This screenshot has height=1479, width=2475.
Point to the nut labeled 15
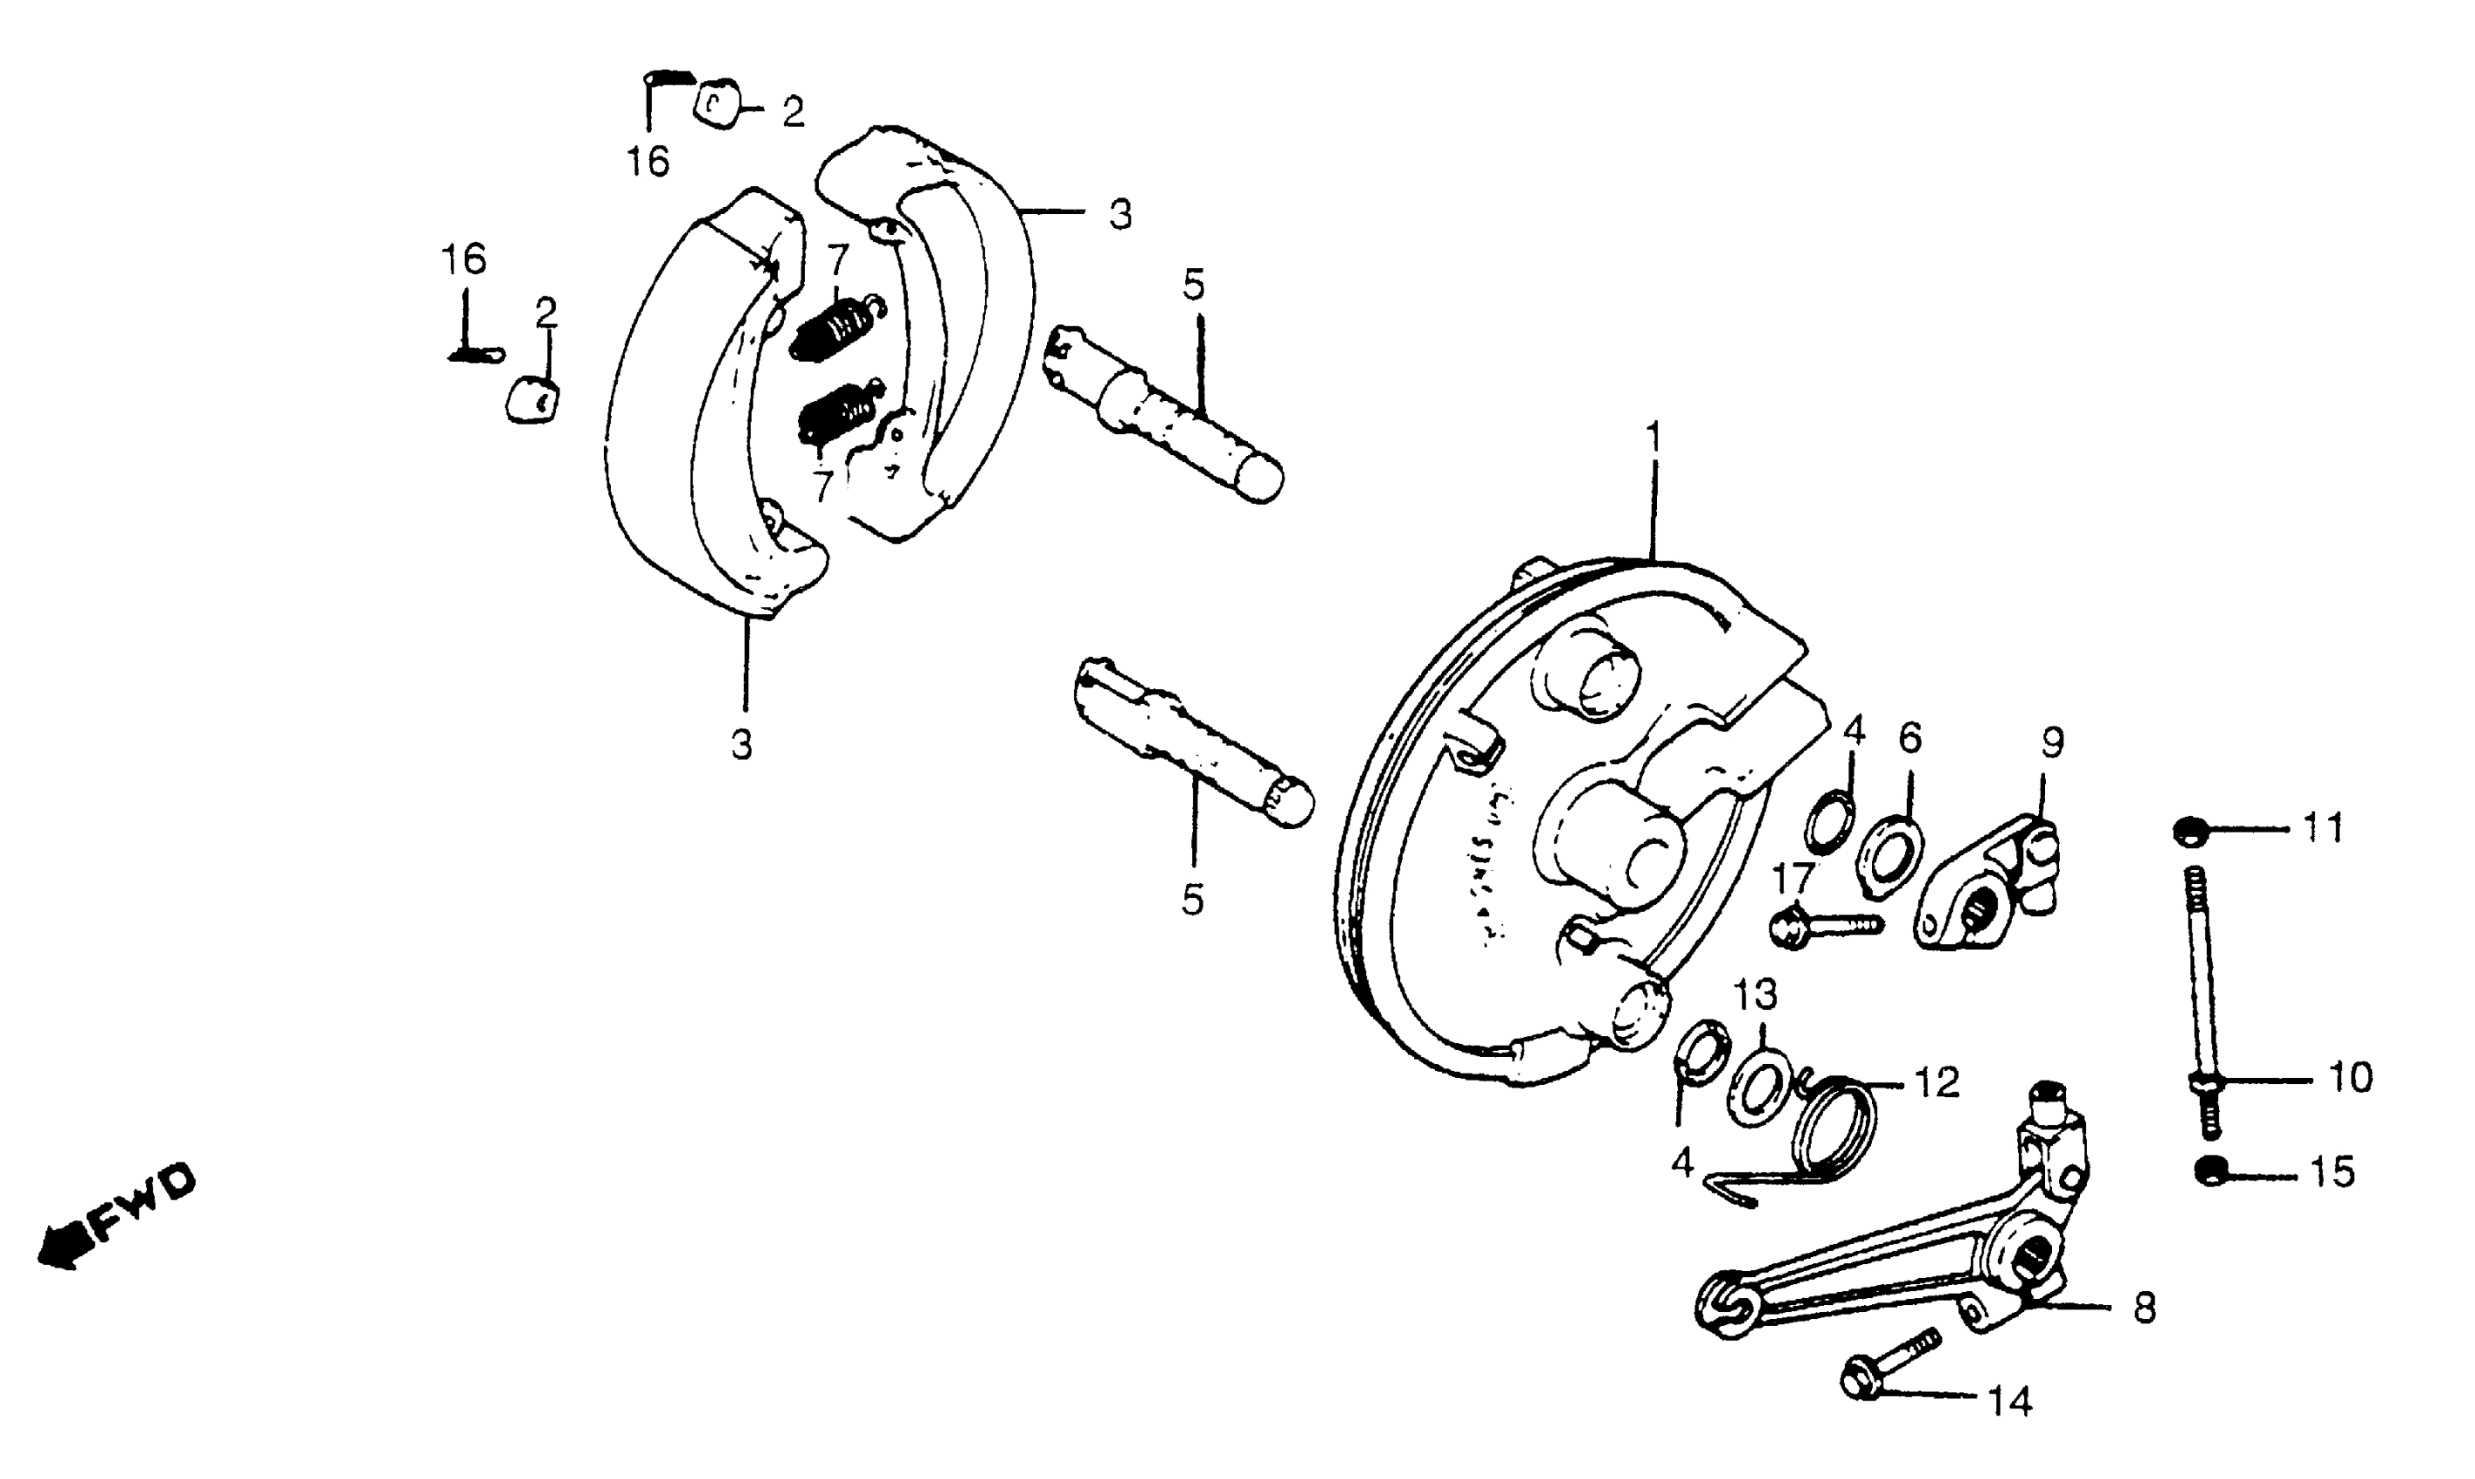point(2210,1170)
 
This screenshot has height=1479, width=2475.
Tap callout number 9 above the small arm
point(2051,742)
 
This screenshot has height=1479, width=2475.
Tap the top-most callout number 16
point(648,160)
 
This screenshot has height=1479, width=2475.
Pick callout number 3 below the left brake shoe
point(741,744)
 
